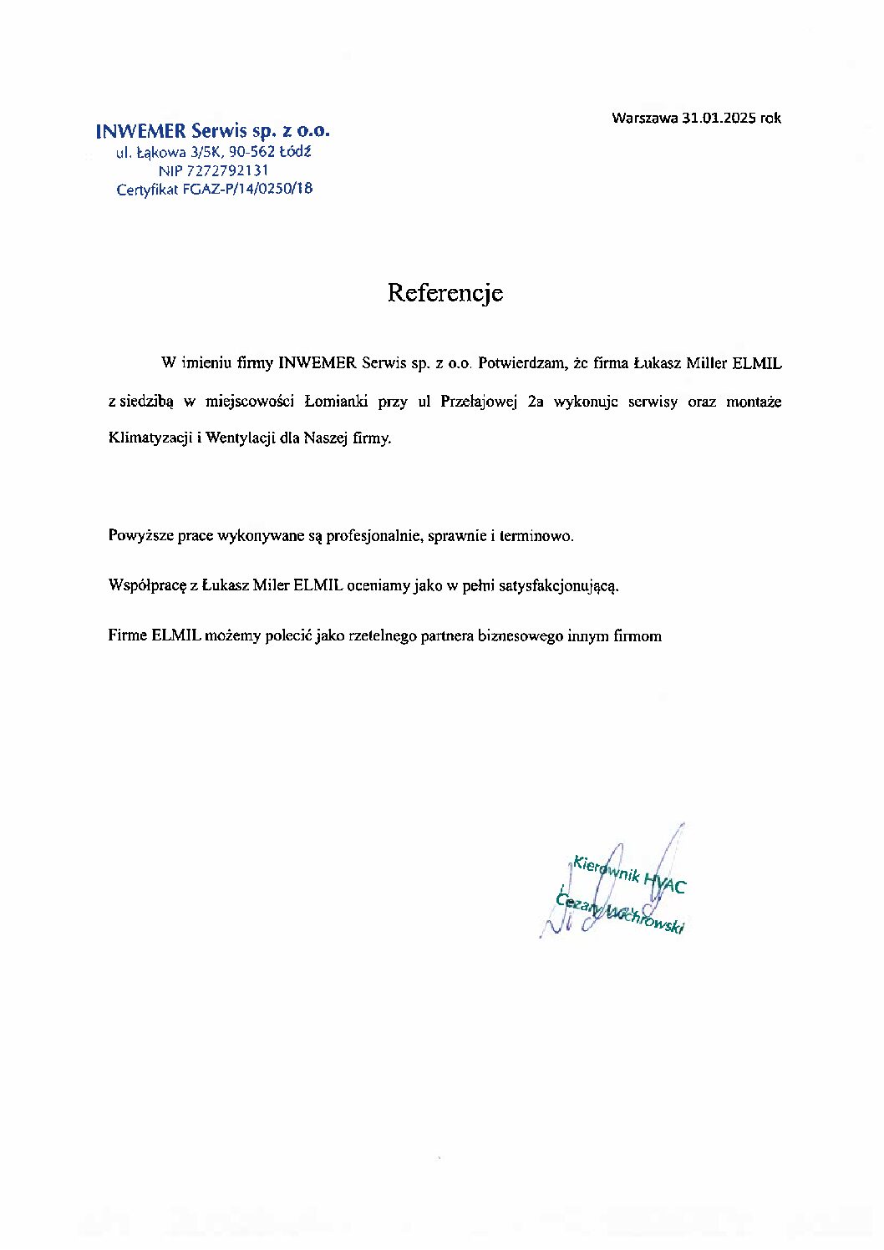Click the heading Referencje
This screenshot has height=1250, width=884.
[x=445, y=293]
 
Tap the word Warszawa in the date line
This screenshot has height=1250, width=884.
[x=644, y=119]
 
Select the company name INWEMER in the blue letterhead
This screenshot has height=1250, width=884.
[x=140, y=131]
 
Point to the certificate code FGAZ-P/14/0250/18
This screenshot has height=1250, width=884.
[x=248, y=189]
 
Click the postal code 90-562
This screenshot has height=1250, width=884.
[x=242, y=152]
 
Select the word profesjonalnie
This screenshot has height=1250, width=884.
[x=373, y=536]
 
